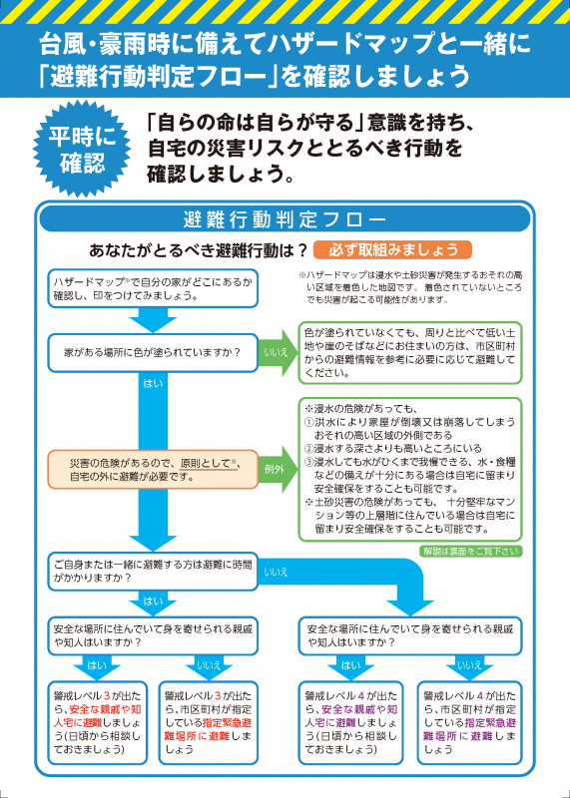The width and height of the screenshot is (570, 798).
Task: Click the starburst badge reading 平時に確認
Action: click(82, 152)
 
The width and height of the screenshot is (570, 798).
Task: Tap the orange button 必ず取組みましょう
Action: click(392, 250)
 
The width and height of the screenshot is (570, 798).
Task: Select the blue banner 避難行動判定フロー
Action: click(285, 219)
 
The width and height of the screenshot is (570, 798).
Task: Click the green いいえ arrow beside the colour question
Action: click(278, 352)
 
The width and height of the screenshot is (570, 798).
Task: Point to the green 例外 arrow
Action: click(278, 469)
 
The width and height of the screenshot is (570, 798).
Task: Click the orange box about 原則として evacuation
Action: click(153, 469)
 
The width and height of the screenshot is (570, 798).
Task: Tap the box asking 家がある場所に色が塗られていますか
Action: click(153, 352)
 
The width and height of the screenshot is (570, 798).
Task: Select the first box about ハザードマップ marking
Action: click(153, 288)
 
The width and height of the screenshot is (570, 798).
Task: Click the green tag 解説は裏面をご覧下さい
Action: click(470, 552)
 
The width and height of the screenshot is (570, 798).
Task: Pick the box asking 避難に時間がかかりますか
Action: click(153, 571)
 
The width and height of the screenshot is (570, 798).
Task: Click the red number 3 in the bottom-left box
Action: click(107, 695)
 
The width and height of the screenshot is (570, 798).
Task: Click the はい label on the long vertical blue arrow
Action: click(153, 383)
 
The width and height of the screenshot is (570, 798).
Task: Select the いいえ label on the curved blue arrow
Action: click(277, 572)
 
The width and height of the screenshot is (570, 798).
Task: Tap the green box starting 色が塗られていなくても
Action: click(409, 353)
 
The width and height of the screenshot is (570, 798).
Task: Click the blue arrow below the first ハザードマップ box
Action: click(153, 320)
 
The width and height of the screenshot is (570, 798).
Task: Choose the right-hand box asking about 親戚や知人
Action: click(409, 635)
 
